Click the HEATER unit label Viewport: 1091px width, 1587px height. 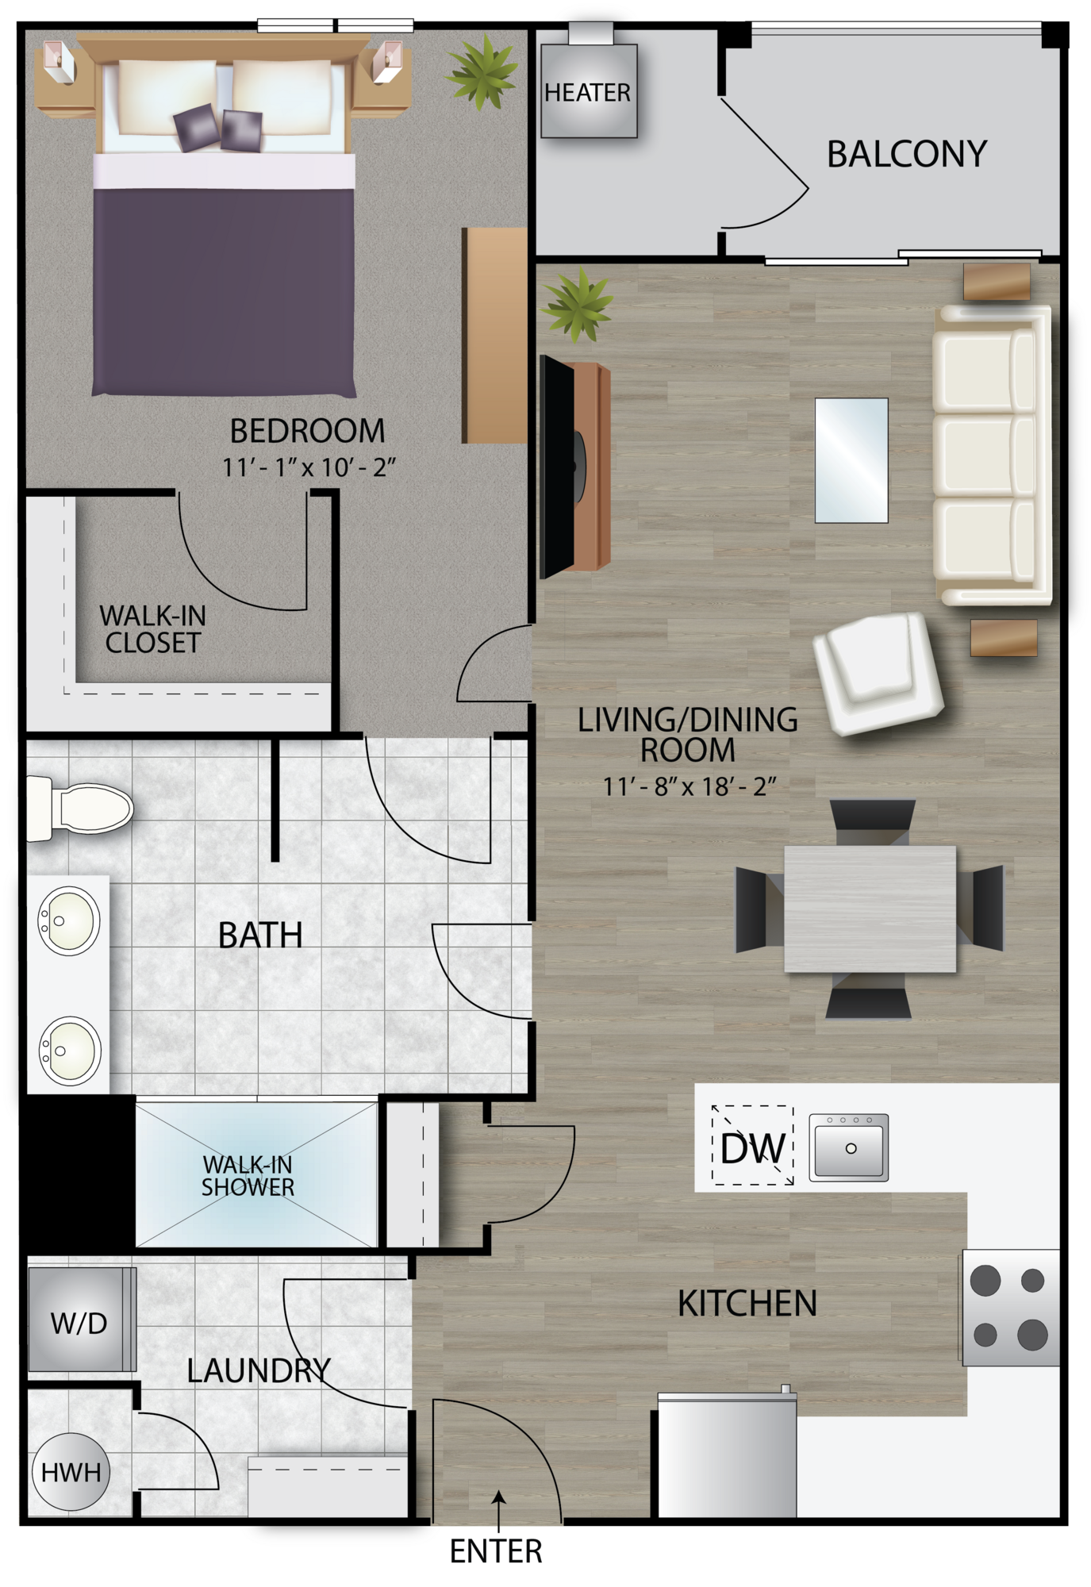(x=587, y=92)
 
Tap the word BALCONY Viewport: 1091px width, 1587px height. (x=906, y=154)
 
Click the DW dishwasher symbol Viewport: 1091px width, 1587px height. (x=752, y=1147)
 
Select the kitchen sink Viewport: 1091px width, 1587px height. (x=848, y=1147)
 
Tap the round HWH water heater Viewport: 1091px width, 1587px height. (x=71, y=1473)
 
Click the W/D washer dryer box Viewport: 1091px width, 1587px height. (x=79, y=1322)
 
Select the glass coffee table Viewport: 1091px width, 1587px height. (x=851, y=460)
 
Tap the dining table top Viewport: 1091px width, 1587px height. (x=870, y=909)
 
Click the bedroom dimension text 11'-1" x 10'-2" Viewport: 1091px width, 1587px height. (x=308, y=467)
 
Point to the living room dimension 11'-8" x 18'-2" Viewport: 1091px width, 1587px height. (x=688, y=786)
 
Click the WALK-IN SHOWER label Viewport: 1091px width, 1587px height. (x=248, y=1176)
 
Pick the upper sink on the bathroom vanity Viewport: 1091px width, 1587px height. (x=70, y=920)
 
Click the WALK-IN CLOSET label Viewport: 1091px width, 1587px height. (x=152, y=629)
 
